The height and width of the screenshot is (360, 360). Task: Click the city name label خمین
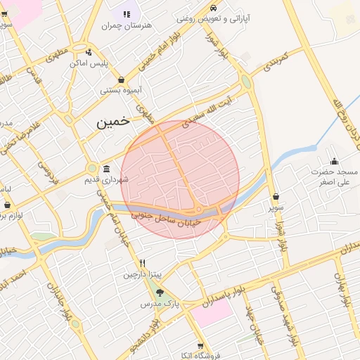tap(113, 122)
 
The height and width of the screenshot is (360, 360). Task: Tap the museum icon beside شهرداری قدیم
tap(106, 169)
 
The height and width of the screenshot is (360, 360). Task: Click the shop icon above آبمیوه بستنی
tap(122, 79)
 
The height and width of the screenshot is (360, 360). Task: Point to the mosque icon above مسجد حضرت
tap(334, 161)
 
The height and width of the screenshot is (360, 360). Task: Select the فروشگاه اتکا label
tap(201, 356)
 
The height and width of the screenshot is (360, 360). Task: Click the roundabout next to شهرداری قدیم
tap(91, 169)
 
